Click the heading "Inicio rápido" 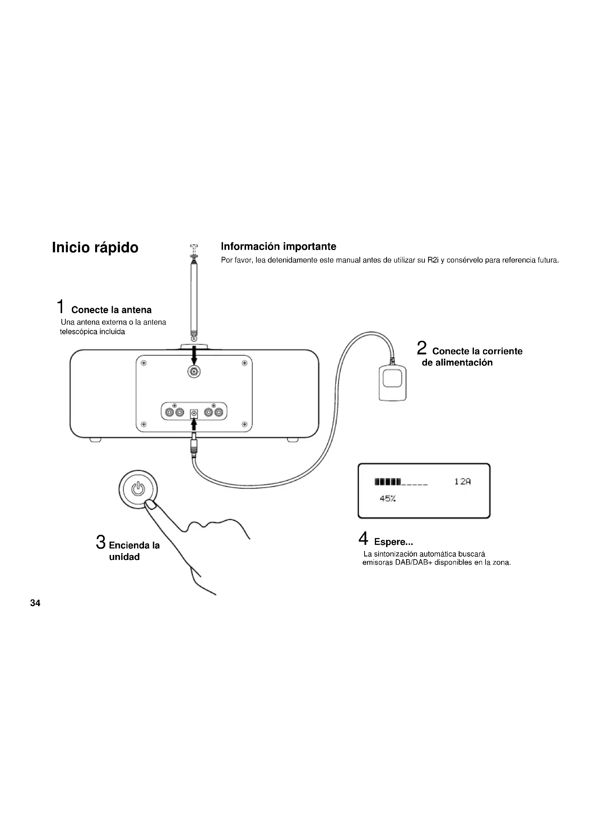95,248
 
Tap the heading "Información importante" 278,246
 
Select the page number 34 35,603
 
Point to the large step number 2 422,348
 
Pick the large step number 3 101,542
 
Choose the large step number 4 363,538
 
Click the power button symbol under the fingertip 138,489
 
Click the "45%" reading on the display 388,499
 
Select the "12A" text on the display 462,482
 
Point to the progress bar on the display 401,482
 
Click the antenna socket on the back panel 194,372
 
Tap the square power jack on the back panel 194,414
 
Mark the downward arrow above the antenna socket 194,355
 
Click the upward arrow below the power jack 194,425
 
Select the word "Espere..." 394,542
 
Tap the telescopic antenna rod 194,296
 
